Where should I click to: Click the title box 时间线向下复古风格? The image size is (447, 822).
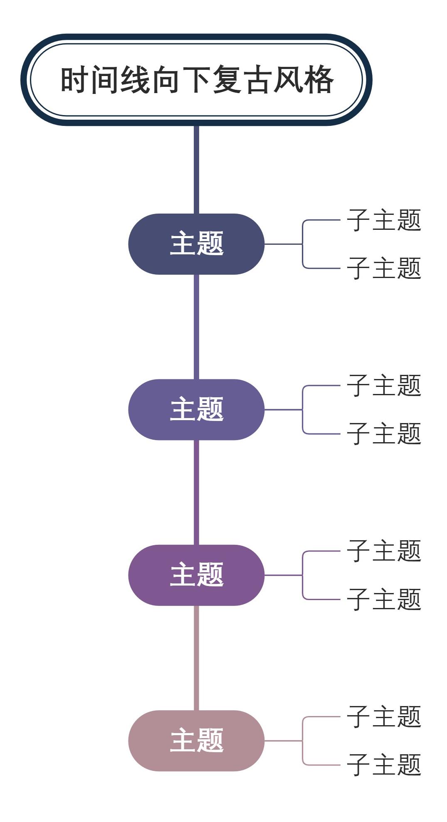196,80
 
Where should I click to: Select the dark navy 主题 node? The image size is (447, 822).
196,244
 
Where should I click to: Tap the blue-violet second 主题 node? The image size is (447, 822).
196,409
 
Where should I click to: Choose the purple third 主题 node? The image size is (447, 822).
196,575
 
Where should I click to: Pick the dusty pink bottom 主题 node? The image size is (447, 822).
196,741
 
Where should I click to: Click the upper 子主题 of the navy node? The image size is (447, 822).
384,220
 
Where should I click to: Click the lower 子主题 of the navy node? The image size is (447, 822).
384,268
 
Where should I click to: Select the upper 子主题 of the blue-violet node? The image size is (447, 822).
384,385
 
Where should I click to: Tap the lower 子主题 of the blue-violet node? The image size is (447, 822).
384,433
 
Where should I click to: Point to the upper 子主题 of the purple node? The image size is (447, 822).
384,551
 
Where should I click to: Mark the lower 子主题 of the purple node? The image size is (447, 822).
384,599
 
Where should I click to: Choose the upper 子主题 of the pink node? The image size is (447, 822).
384,716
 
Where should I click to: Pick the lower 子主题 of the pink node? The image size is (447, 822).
384,765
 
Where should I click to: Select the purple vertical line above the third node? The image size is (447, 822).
196,492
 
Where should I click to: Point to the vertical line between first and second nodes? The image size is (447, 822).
196,327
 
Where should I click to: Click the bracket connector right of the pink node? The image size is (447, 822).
302,741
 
